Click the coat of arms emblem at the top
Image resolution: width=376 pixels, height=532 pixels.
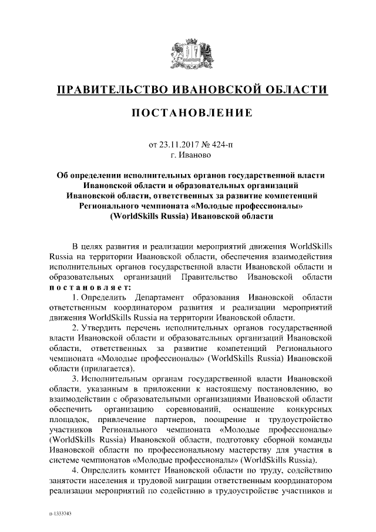click(x=187, y=56)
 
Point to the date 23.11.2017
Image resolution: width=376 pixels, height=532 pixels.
click(x=180, y=146)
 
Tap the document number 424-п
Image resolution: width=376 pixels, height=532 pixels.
click(x=221, y=146)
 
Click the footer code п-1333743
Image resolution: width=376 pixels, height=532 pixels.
click(x=60, y=514)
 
